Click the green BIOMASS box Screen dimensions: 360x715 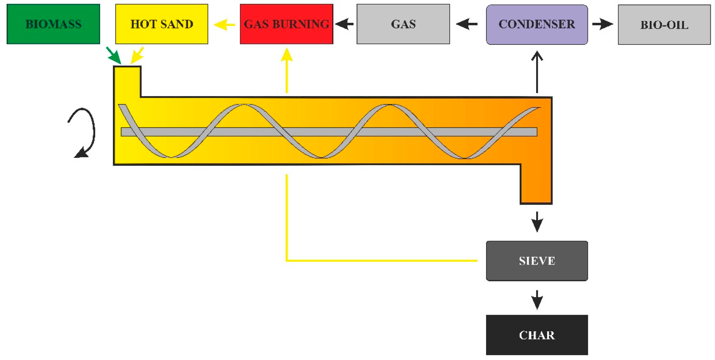pos(53,24)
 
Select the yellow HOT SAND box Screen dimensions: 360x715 pos(161,24)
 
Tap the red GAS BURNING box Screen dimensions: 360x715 pos(286,24)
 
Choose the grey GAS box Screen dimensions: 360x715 pos(403,24)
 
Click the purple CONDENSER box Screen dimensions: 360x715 pos(537,24)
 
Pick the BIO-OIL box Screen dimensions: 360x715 pos(664,25)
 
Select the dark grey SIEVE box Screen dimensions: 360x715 pos(537,261)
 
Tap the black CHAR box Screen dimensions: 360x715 pos(537,335)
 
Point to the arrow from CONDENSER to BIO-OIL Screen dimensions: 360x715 pos(602,24)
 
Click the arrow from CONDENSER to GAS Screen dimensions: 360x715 pos(467,24)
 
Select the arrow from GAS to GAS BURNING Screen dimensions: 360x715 pos(344,24)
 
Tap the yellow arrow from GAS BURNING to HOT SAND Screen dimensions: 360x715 pos(224,24)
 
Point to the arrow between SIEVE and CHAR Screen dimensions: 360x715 pos(537,300)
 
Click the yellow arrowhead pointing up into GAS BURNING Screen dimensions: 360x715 pos(287,56)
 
